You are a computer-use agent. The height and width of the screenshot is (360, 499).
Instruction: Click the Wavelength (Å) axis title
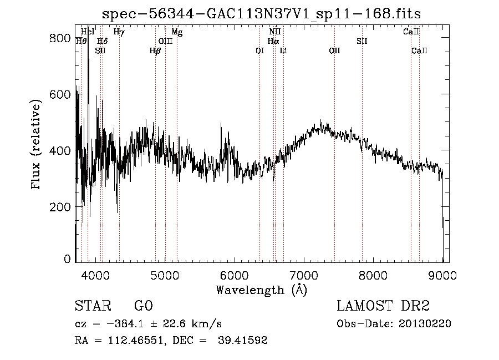click(261, 290)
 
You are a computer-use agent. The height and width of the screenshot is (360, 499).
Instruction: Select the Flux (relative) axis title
click(37, 145)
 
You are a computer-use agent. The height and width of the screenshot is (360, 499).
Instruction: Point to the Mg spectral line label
click(177, 32)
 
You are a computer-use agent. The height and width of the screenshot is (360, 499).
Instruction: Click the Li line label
click(283, 51)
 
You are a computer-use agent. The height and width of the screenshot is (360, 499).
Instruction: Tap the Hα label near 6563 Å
click(273, 42)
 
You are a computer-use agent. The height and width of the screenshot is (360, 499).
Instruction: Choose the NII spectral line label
click(275, 32)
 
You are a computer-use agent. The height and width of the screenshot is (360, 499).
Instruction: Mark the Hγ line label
click(119, 32)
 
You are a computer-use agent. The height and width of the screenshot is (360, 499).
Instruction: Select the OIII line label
click(165, 42)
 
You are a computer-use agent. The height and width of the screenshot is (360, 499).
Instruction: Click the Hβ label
click(155, 51)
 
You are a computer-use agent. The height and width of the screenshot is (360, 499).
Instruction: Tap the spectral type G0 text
click(143, 307)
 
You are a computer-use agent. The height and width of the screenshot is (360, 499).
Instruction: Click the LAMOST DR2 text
click(383, 307)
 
